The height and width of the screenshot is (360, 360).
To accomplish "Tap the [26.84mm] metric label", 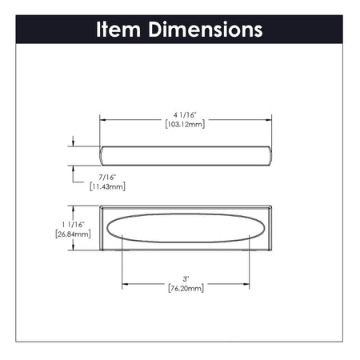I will [73, 234].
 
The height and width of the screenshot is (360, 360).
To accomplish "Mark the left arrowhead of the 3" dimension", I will [125, 283].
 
